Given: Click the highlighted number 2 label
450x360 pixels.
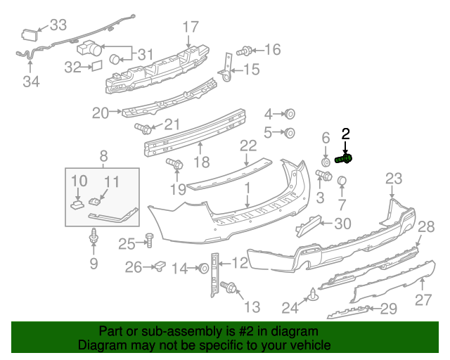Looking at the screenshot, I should [345, 132].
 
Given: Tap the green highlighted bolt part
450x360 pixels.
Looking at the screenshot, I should [345, 159].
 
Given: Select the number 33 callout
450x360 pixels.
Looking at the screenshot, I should [58, 25].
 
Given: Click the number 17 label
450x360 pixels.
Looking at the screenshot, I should [191, 27].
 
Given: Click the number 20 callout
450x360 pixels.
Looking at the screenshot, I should [101, 112].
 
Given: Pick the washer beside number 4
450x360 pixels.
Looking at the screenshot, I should [289, 114].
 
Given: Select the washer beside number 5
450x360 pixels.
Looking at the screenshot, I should [289, 132].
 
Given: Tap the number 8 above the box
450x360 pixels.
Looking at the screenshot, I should [103, 155].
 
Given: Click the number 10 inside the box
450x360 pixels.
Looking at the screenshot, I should [79, 182].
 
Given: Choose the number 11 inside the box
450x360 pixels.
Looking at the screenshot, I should [112, 182].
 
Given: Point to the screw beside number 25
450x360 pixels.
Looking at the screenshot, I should [148, 240].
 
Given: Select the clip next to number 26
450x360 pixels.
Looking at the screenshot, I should [160, 266].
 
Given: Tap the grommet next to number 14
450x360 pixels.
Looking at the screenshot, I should [202, 267].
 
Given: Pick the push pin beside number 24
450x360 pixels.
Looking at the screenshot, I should [311, 296].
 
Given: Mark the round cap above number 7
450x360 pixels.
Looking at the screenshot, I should [342, 183].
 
